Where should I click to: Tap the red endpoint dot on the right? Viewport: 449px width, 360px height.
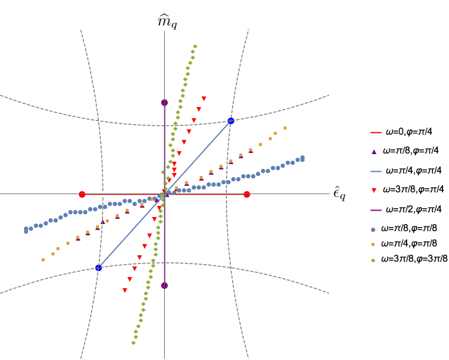coord(247,194)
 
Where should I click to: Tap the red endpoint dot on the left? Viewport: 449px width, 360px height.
coord(82,194)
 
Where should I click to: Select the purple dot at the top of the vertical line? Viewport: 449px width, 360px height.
coord(165,102)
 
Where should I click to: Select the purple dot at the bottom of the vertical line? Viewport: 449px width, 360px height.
coord(165,286)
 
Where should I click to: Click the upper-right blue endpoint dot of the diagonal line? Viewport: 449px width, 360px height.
coord(231,121)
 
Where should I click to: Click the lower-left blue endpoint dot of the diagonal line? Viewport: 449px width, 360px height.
coord(98,268)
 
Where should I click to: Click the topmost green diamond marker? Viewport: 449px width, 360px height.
coord(195,46)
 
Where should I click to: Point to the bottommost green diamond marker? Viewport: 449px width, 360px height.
coord(134,343)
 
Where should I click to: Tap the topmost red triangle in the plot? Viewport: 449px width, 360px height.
coord(204,98)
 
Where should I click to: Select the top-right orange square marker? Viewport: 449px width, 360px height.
coord(285,128)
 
